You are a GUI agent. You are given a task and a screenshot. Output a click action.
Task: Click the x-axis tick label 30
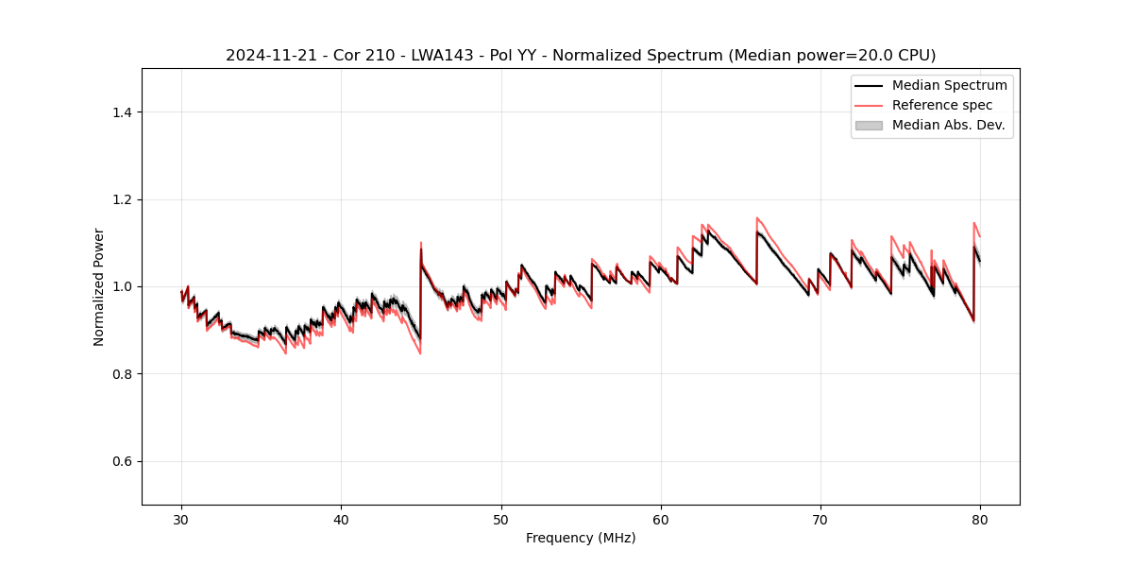click(x=182, y=519)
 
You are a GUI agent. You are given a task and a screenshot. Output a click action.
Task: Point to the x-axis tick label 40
click(x=342, y=519)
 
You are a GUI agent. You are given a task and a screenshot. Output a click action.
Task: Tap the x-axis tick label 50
click(x=501, y=519)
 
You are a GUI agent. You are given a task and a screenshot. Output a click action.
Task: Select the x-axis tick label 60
click(x=661, y=519)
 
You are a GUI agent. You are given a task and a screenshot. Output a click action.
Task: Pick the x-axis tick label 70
click(x=820, y=519)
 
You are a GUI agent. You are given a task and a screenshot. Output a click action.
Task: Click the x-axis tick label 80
click(x=980, y=519)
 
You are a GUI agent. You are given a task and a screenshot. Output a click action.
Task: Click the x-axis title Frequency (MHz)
click(x=581, y=538)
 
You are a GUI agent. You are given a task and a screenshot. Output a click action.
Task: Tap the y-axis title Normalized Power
click(x=99, y=286)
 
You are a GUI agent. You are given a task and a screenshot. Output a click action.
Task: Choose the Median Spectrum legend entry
click(x=949, y=85)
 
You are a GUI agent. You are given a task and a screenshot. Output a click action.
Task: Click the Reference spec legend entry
click(x=942, y=105)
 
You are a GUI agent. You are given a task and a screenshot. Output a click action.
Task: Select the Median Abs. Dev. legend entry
click(x=948, y=125)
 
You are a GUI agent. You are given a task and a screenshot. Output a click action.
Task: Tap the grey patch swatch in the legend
click(x=869, y=125)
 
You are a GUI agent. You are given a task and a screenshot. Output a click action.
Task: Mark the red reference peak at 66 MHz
click(x=757, y=217)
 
